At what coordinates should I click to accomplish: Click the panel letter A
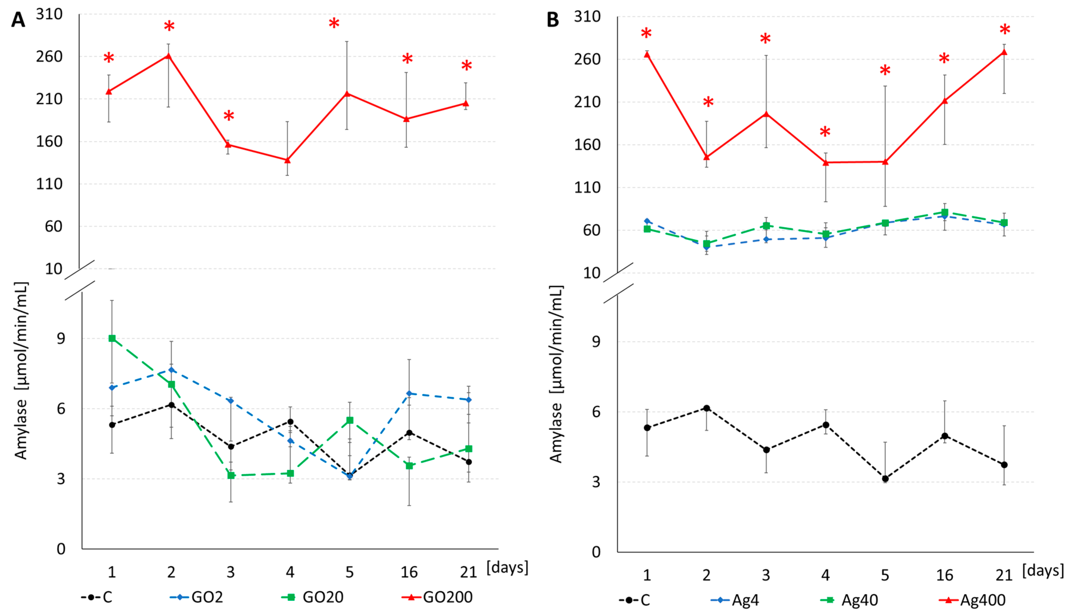tap(18, 20)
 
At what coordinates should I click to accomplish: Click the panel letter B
tap(553, 20)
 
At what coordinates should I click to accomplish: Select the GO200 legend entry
tap(447, 597)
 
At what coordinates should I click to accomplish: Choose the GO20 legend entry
tap(323, 597)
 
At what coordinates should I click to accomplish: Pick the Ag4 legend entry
tap(745, 600)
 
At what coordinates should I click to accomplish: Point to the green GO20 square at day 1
tap(112, 338)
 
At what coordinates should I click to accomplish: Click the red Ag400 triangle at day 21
tap(1004, 52)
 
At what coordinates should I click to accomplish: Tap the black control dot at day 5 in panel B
tap(885, 479)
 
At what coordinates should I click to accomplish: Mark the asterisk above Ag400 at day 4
tap(825, 132)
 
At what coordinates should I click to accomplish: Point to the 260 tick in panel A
tap(49, 56)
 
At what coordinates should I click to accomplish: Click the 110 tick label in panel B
tap(587, 188)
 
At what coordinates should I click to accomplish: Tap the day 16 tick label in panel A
tap(409, 572)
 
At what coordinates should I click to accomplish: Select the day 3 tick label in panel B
tap(766, 575)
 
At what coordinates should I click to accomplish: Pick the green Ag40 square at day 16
tap(945, 212)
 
